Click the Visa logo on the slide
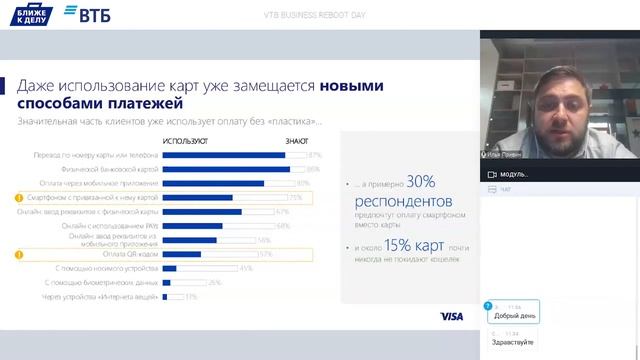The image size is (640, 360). click(x=451, y=317)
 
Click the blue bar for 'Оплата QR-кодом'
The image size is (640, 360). click(x=182, y=254)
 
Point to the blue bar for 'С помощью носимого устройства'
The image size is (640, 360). click(x=170, y=268)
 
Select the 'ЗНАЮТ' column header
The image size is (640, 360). click(x=297, y=141)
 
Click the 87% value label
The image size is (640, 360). click(x=314, y=155)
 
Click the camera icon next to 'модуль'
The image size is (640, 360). click(x=491, y=174)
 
